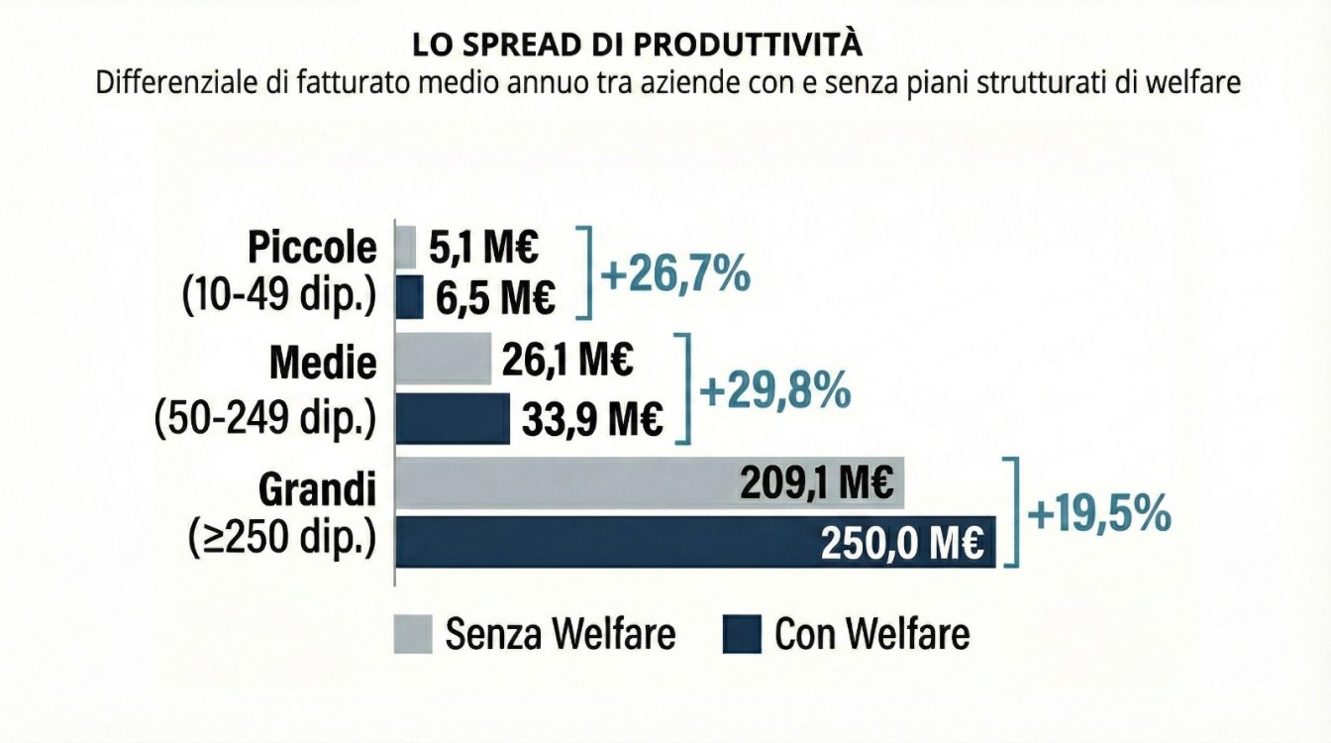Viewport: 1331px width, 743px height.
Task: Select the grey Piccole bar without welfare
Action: (406, 247)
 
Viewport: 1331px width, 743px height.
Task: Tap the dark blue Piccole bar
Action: (409, 297)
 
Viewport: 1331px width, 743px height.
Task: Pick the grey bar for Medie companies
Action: (443, 358)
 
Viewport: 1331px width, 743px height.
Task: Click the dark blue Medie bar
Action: (453, 419)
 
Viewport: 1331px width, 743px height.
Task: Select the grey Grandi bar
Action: (564, 483)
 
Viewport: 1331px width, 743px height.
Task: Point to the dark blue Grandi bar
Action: (594, 542)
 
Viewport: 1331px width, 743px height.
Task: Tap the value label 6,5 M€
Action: (491, 298)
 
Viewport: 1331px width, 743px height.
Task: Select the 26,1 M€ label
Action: (567, 360)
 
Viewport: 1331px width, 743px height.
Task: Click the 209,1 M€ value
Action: (817, 483)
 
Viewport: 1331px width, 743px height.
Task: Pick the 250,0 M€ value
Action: (901, 544)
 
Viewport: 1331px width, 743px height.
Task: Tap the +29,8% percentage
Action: (775, 390)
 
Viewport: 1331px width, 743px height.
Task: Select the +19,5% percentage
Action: (1099, 515)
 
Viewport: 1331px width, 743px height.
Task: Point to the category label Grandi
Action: (318, 489)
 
